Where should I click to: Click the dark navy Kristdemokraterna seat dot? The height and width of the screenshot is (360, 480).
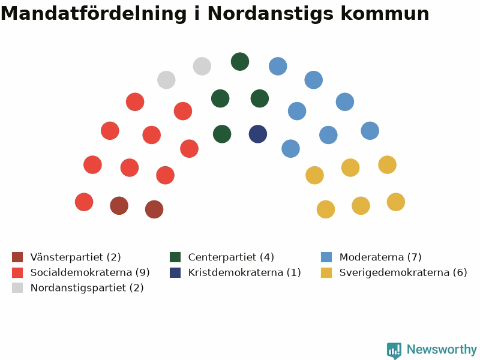[x=258, y=134]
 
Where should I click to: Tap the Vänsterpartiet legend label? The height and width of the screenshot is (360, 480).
[x=76, y=257]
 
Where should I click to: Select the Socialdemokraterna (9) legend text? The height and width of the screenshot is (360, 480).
[x=90, y=272]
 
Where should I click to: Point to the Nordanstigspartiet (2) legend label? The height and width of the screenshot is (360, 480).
[x=87, y=288]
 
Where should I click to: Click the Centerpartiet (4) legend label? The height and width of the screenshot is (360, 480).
[x=231, y=257]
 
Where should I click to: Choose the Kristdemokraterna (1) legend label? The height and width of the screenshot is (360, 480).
[x=245, y=272]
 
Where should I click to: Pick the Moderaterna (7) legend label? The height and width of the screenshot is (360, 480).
[x=380, y=257]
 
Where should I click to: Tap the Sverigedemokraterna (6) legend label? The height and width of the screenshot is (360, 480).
[x=403, y=272]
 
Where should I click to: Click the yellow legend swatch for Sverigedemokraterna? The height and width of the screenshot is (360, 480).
[x=326, y=272]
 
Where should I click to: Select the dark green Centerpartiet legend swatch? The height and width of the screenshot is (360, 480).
[x=175, y=257]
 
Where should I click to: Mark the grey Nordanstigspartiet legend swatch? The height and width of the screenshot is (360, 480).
[x=17, y=288]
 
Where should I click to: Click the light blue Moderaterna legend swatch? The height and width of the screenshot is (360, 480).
[x=326, y=257]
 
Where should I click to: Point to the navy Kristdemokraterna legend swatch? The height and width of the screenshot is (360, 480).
[x=175, y=272]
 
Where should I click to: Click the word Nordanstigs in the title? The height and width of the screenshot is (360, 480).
[x=271, y=14]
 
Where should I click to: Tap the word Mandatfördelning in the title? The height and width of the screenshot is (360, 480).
[x=94, y=13]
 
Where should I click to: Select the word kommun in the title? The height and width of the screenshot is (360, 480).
[x=385, y=14]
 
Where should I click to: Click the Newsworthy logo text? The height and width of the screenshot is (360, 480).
[x=442, y=349]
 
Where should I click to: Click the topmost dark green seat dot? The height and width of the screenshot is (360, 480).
[x=240, y=62]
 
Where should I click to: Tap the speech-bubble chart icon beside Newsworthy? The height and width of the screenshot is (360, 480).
[x=394, y=350]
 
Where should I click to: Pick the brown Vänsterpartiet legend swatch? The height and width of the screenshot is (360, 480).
[x=17, y=257]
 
